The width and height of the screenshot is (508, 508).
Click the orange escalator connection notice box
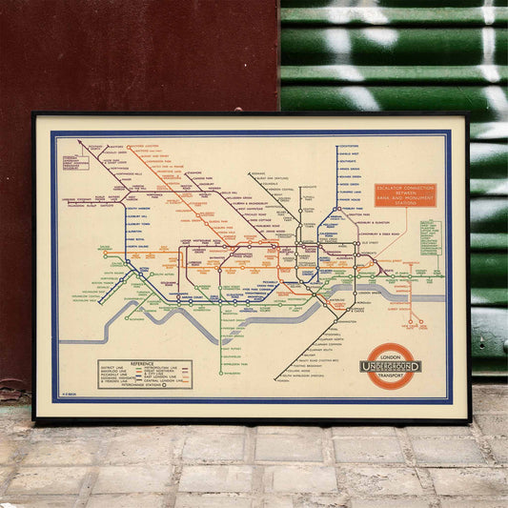(405, 194)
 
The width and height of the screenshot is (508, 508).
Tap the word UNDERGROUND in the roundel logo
(391, 367)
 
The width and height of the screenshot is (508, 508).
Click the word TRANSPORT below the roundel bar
(391, 377)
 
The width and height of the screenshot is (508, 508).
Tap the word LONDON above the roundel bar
(391, 356)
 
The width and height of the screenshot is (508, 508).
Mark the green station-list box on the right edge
(431, 237)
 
